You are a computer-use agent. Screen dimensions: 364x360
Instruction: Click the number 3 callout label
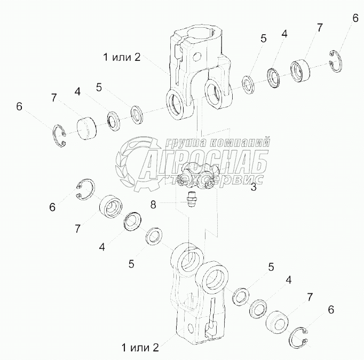pyautogui.click(x=254, y=187)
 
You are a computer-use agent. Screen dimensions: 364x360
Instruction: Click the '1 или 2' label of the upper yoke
pyautogui.click(x=122, y=57)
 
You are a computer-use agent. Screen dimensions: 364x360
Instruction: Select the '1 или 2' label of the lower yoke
pyautogui.click(x=140, y=347)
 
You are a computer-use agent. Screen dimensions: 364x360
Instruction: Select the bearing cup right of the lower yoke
pyautogui.click(x=278, y=323)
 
